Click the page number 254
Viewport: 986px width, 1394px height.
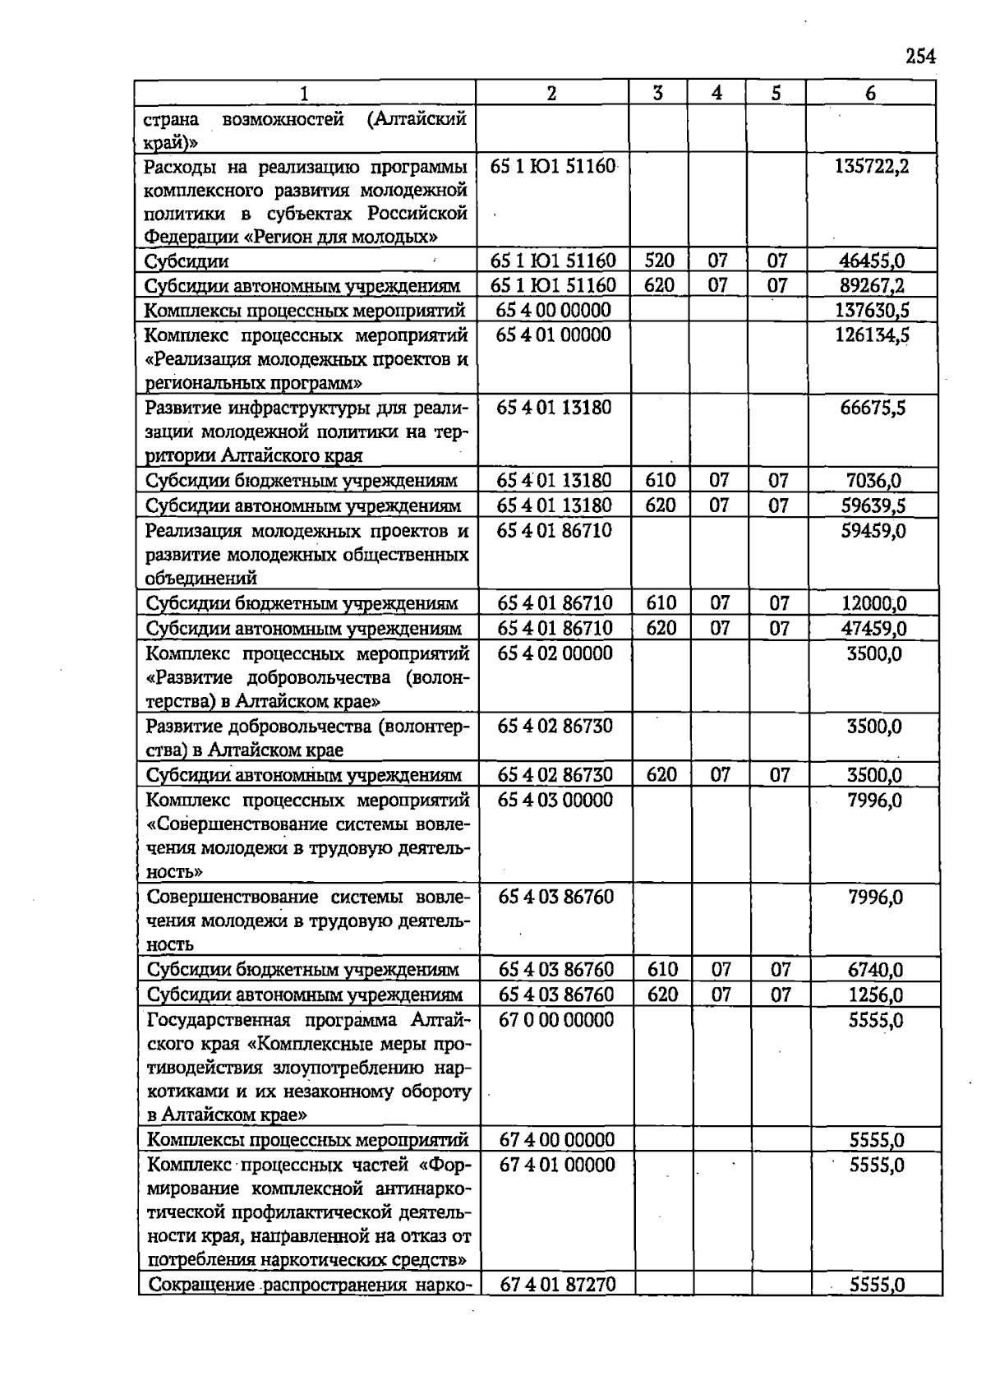[920, 57]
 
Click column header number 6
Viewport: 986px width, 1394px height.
[870, 94]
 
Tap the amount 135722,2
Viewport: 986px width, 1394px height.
[871, 167]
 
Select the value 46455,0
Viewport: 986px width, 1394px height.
[872, 261]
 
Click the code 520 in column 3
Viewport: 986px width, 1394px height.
[659, 261]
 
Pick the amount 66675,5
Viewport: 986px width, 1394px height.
[873, 408]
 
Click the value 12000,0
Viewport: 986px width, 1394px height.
[873, 603]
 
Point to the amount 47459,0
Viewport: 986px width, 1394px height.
[873, 629]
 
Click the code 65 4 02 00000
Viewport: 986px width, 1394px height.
[555, 653]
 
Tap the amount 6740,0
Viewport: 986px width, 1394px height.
[875, 971]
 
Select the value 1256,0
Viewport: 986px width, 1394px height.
[875, 995]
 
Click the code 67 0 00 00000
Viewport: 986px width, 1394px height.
[556, 1020]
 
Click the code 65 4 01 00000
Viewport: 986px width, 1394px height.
[553, 335]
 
